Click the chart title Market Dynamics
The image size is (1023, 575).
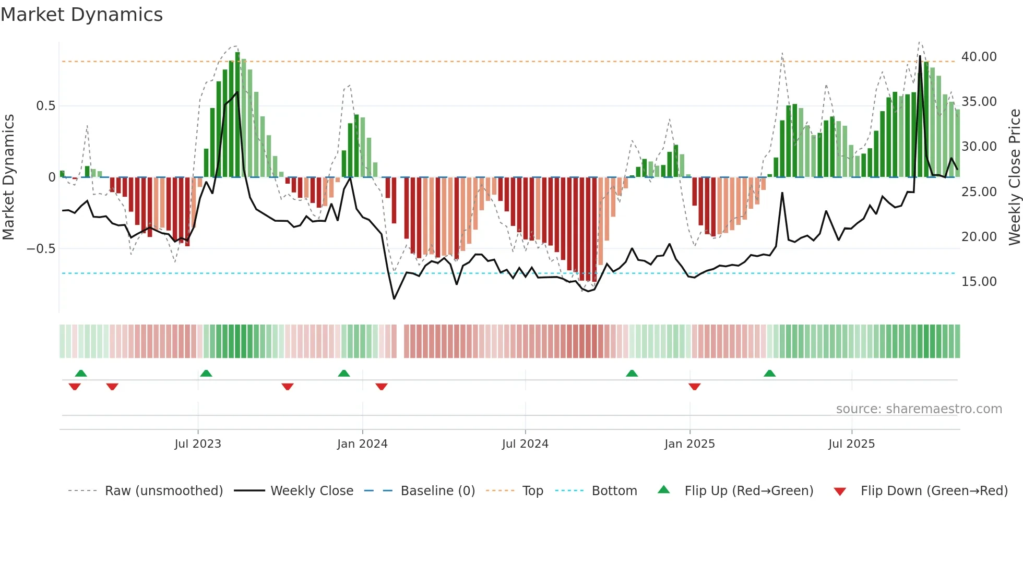[x=81, y=15]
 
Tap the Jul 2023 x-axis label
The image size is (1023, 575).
[x=198, y=444]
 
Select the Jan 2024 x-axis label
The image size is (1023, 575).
[x=362, y=444]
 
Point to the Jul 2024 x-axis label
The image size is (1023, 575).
[x=525, y=444]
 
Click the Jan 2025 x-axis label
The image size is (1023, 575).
[x=689, y=444]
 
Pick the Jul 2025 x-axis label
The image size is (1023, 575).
[x=851, y=444]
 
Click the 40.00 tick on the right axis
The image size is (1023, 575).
[x=979, y=56]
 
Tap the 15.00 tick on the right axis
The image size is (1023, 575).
[x=979, y=282]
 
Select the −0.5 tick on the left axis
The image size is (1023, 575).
[x=41, y=249]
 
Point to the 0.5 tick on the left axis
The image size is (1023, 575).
[x=45, y=106]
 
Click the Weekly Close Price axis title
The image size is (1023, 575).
[x=1014, y=177]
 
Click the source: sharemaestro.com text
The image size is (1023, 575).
[x=919, y=409]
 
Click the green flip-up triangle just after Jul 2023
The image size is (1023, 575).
[x=206, y=374]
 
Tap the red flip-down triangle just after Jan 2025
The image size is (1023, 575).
[x=694, y=387]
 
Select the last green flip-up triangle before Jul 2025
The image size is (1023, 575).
[x=769, y=374]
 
